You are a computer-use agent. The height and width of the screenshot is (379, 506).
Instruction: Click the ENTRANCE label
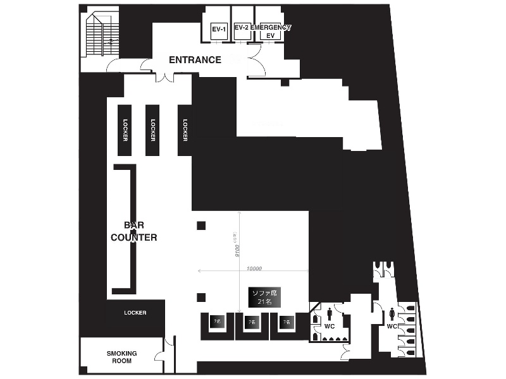point(195,60)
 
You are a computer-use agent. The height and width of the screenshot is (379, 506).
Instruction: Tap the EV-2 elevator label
point(241,28)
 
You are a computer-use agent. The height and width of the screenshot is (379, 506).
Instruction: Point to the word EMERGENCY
point(271,28)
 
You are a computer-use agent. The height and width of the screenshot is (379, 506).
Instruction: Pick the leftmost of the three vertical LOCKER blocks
point(125,130)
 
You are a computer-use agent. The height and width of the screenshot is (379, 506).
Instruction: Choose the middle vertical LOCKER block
point(152,130)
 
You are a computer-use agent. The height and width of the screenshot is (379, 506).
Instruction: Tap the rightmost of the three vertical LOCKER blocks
point(185,130)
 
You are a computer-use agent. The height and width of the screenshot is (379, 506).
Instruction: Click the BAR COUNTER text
point(133,231)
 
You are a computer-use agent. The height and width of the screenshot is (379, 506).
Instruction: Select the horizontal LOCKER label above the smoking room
point(135,313)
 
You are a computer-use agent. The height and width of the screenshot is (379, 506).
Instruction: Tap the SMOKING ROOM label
point(121,357)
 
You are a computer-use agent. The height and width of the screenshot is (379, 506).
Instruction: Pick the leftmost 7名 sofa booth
point(217,322)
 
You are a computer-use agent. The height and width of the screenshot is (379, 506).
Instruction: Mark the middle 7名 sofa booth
point(252,322)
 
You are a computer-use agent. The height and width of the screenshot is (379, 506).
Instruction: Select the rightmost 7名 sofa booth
point(286,322)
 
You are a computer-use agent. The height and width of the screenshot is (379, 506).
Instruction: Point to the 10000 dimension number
point(254,268)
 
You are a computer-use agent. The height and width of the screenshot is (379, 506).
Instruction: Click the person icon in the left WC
point(330,315)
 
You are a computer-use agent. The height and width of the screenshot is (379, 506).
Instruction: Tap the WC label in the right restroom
point(392,327)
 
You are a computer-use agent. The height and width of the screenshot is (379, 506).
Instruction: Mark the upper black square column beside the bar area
point(201,226)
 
